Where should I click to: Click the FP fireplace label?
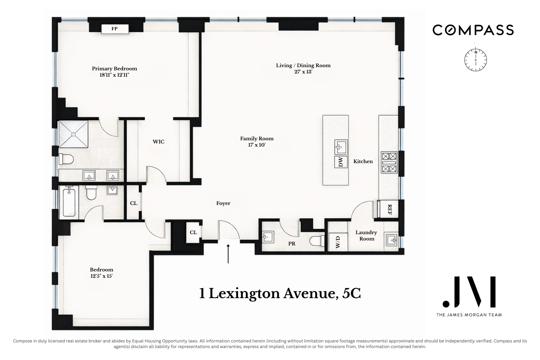[115, 29]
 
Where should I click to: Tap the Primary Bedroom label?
[114, 69]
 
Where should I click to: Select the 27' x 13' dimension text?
[303, 72]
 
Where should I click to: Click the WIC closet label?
[158, 142]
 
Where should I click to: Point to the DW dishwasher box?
[340, 162]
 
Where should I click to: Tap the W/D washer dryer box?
[337, 242]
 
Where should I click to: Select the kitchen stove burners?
[389, 163]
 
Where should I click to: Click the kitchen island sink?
[340, 147]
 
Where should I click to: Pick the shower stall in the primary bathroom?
[73, 134]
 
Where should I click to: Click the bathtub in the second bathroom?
[69, 202]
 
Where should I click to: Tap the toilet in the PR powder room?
[317, 241]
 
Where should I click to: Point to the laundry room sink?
[391, 240]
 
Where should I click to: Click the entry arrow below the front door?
[228, 254]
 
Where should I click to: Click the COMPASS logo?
[473, 30]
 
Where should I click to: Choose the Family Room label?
[257, 139]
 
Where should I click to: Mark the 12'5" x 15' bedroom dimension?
[101, 276]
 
